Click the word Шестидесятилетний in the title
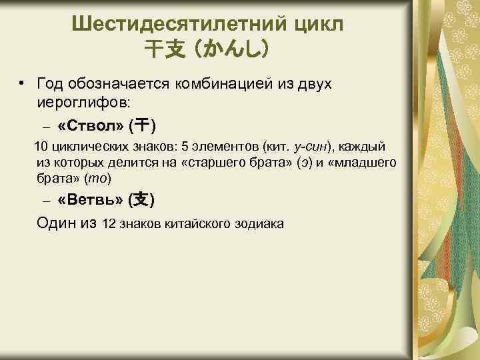coord(180,25)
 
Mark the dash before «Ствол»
coord(45,126)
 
